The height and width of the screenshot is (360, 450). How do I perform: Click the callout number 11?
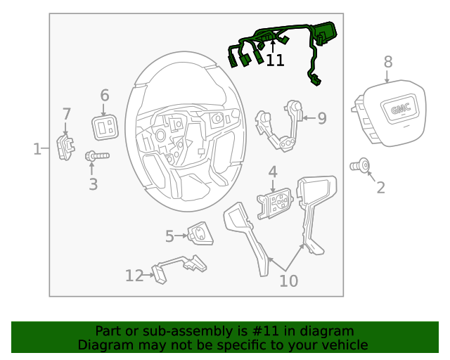coord(275,60)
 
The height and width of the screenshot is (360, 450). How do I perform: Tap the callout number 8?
coord(388,63)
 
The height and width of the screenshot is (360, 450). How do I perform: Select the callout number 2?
coord(380,187)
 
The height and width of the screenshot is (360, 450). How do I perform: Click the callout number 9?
coord(322,118)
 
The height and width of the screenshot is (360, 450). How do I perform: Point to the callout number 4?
coord(272,172)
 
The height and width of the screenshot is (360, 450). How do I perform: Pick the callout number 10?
coord(288,281)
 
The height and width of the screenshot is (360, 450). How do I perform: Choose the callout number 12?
coord(134,276)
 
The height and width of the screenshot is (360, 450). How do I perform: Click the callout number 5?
coord(169,236)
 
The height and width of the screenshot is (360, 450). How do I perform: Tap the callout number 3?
coord(93,185)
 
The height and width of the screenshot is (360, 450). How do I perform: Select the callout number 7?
coord(67,114)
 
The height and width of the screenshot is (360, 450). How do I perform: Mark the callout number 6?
coord(105,95)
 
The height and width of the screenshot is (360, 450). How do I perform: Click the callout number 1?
coord(37,148)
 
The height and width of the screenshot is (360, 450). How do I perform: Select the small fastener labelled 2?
coord(361,165)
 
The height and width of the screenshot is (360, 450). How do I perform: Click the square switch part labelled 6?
coord(105,127)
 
